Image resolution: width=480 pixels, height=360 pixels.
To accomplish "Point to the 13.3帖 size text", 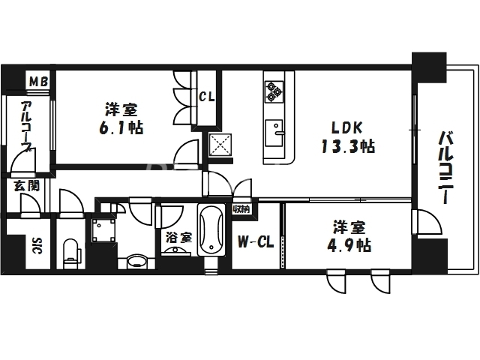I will [344, 145].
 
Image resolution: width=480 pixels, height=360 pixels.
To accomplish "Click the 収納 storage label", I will [241, 209].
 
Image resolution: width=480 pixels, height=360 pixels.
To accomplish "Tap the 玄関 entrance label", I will [20, 185].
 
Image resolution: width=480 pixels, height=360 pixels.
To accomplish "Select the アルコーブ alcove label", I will [26, 127].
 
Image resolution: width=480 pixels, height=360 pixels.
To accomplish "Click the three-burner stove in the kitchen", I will [273, 91].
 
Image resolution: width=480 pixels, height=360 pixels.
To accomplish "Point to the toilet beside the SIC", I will [71, 251].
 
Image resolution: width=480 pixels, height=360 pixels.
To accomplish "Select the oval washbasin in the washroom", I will [136, 262].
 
